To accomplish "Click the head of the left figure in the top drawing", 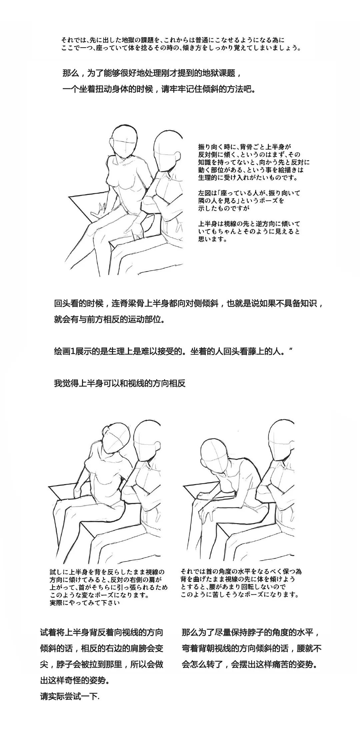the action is coord(124,140).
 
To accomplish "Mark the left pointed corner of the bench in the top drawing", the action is coord(69,197).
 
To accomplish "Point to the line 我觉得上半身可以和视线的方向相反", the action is coord(120,383).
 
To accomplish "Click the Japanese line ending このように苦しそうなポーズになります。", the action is coord(240,594).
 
